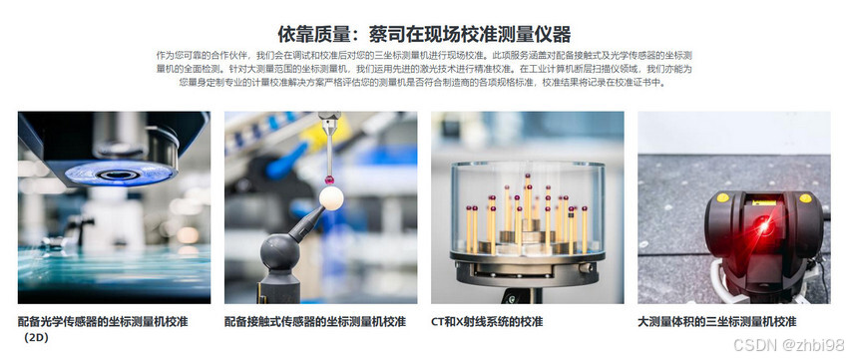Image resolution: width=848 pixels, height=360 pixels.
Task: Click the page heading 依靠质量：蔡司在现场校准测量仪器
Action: click(x=424, y=34)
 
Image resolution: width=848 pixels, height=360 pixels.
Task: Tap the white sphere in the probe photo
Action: click(x=331, y=198)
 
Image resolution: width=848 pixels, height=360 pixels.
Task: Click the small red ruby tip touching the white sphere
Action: click(x=328, y=180)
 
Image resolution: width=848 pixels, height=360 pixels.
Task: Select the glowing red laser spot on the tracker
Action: click(x=763, y=224)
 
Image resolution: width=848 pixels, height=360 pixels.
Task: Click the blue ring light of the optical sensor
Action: click(x=120, y=174)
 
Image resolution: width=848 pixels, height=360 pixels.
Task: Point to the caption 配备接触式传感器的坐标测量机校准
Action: click(x=314, y=322)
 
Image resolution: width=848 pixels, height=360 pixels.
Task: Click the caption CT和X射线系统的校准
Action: click(x=487, y=322)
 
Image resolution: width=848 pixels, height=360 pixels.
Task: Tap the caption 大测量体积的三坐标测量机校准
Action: click(x=716, y=322)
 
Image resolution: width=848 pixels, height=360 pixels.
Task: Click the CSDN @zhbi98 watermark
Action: click(x=788, y=345)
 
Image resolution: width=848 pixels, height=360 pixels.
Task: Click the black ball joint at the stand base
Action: click(x=280, y=252)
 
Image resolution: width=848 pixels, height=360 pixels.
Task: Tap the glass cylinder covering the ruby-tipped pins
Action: click(x=528, y=208)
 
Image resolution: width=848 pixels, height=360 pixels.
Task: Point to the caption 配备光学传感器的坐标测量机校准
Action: click(x=103, y=322)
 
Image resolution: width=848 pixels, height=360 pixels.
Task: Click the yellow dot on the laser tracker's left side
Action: click(x=722, y=197)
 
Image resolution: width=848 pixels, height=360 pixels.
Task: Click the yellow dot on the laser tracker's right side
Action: click(x=805, y=197)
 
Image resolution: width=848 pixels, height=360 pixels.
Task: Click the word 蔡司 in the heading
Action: click(x=387, y=34)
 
